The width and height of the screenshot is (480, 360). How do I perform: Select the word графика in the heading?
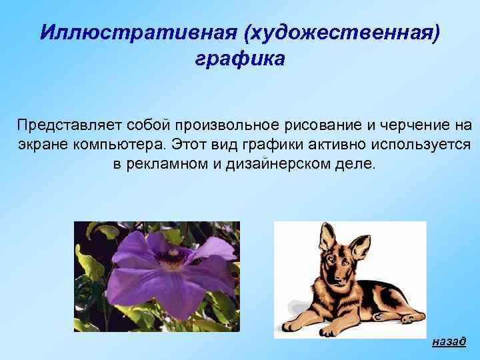[239, 59]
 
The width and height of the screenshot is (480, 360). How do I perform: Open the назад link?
[449, 341]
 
